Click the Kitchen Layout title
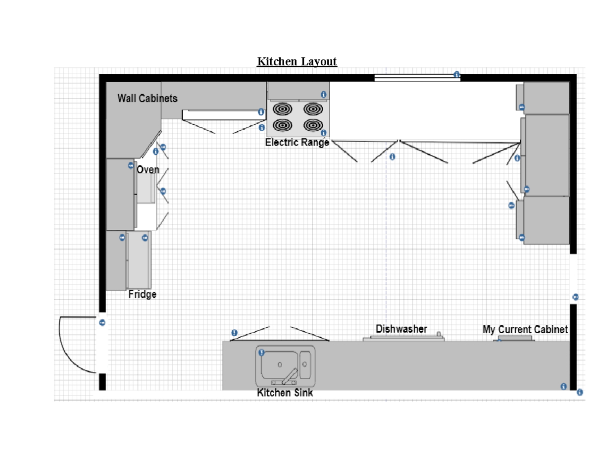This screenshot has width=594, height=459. point(297,61)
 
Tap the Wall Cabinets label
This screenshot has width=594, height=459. point(148,98)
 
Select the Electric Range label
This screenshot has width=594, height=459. point(297,142)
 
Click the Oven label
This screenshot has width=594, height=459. point(148,169)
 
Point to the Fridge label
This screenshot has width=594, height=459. point(142,294)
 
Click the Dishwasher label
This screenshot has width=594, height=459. point(401,329)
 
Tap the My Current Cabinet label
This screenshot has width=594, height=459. point(525,329)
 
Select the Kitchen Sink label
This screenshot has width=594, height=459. point(285,393)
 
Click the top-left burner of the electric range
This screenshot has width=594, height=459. point(282,109)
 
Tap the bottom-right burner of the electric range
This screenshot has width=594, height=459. point(313,125)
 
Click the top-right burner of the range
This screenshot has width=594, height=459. point(313,109)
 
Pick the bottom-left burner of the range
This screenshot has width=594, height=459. point(282,125)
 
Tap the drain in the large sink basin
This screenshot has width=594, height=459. point(280,365)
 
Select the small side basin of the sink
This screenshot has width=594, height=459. point(305,365)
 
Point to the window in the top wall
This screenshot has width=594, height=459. point(417,78)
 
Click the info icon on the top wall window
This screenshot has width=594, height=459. point(456,74)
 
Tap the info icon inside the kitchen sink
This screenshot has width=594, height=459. point(261,353)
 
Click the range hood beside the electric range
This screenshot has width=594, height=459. point(224,115)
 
